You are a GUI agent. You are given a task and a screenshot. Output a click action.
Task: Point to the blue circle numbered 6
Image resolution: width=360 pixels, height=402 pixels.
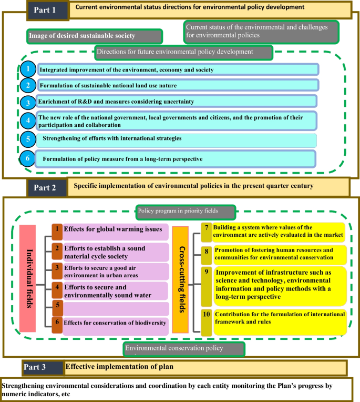coord(27,158)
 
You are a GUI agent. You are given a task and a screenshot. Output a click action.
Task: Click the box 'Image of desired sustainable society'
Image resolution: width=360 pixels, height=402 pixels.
coord(94,36)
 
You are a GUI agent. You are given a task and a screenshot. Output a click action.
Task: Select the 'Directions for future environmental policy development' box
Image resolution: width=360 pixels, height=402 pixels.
coord(182,52)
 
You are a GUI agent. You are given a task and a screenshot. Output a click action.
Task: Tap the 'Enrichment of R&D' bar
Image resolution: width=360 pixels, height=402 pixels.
coord(177,101)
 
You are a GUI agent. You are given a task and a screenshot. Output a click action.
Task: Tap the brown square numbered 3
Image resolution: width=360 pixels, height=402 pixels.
coord(57,269)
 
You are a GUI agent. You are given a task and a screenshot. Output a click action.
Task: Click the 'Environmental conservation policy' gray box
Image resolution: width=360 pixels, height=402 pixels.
coord(184,348)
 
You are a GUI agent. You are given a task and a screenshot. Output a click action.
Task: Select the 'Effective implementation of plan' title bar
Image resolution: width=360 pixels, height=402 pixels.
coord(205,367)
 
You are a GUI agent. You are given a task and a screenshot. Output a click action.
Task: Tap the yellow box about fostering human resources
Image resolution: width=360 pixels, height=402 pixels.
coord(273,253)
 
